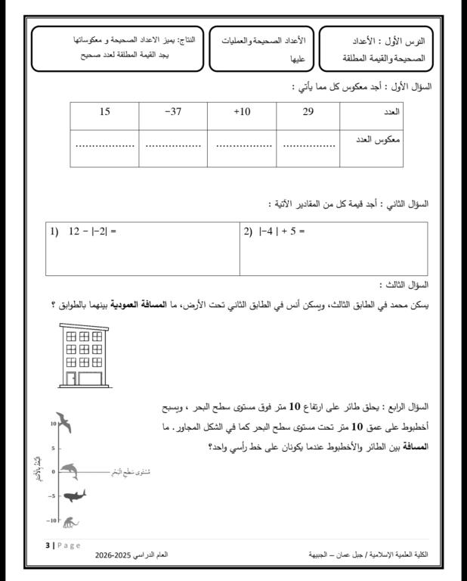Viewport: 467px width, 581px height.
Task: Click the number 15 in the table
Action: tap(105, 112)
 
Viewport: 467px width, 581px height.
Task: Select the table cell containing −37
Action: tap(174, 112)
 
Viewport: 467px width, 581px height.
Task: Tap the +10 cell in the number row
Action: tap(242, 112)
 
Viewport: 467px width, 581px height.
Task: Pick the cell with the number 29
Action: tap(308, 112)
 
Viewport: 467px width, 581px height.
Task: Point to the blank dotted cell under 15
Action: tap(105, 147)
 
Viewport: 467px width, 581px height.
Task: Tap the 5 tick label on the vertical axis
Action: tap(51, 448)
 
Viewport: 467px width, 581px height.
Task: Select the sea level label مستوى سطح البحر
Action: tap(128, 471)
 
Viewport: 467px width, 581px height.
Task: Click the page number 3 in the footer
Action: tap(48, 545)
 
